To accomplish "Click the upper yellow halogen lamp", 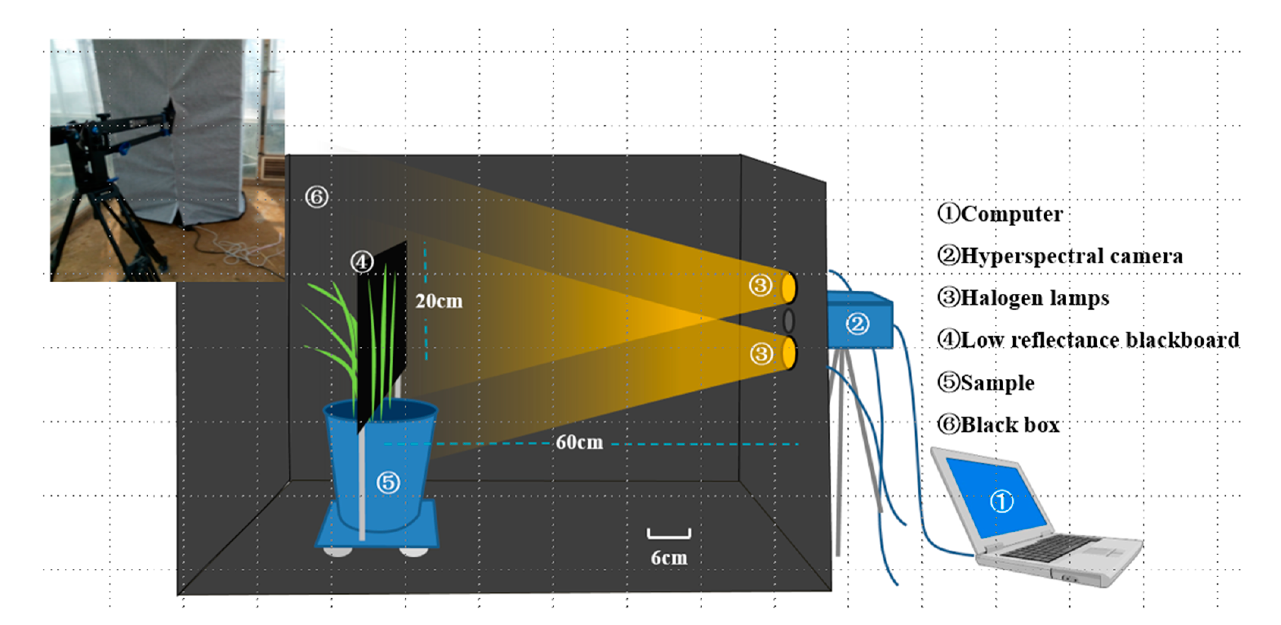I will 789,287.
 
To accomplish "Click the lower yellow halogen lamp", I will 789,353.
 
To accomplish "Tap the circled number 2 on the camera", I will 857,324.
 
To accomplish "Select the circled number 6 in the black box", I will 317,197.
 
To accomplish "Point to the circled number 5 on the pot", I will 388,482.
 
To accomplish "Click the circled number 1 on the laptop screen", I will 1001,501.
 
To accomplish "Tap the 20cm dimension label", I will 439,301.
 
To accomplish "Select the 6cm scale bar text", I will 669,558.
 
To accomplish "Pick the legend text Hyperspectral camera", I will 1071,256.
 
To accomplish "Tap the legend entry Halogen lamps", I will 1034,298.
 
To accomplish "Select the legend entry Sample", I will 997,383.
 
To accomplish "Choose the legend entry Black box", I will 1009,425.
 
